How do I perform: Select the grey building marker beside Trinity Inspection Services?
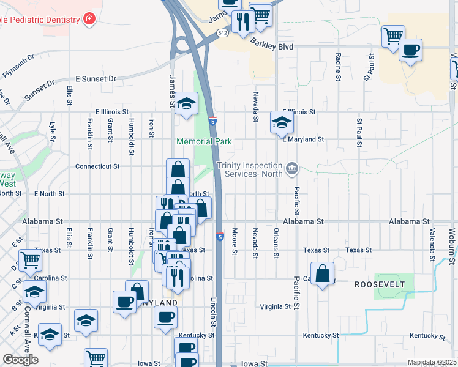pyautogui.click(x=291, y=166)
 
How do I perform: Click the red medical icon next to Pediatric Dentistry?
pyautogui.click(x=90, y=19)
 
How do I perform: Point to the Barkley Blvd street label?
pyautogui.click(x=272, y=46)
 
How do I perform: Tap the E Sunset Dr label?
pyautogui.click(x=96, y=79)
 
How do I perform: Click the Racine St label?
pyautogui.click(x=338, y=67)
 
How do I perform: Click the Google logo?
pyautogui.click(x=20, y=360)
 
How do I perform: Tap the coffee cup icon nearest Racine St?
pyautogui.click(x=410, y=49)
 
